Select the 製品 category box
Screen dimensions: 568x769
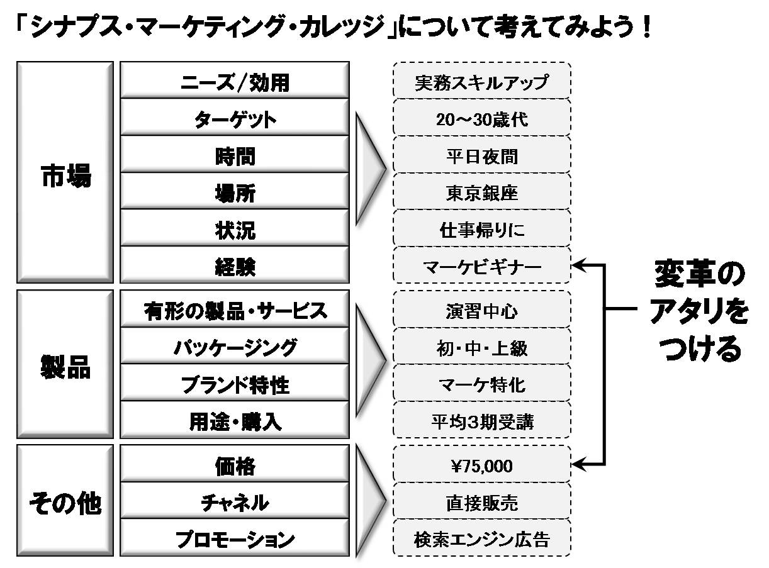pos(65,364)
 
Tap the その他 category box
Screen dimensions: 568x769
pos(65,503)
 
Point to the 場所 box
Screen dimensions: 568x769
pos(235,192)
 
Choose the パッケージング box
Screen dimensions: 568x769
pos(235,347)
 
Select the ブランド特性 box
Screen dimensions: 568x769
pos(235,384)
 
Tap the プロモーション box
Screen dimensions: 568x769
pos(235,539)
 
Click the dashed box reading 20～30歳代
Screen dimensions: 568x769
pos(481,118)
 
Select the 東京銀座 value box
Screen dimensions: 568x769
pos(481,192)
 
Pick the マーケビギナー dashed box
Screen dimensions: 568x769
pos(481,266)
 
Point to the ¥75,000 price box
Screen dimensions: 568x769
pos(481,466)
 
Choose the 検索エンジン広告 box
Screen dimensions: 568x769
pos(481,540)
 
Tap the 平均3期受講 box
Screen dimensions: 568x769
pos(481,421)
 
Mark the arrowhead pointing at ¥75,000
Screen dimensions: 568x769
pos(578,465)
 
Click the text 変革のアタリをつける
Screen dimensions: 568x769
pos(699,311)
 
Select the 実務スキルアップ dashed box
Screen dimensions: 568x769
pos(481,81)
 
